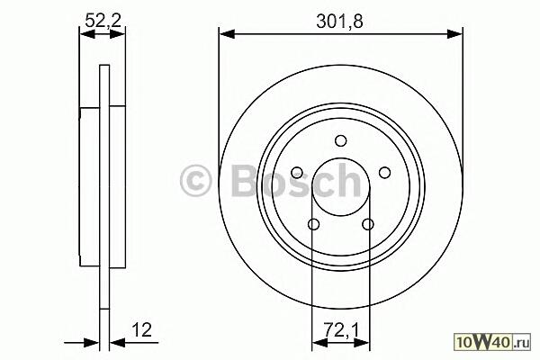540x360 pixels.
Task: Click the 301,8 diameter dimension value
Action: [x=339, y=22]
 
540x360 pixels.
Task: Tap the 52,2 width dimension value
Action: [x=103, y=22]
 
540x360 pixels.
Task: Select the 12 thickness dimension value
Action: [x=141, y=330]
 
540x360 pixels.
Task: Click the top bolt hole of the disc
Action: [x=341, y=141]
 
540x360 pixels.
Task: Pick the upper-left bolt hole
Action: [x=297, y=173]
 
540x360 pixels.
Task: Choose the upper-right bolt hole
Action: [x=384, y=173]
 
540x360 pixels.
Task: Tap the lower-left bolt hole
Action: [x=313, y=225]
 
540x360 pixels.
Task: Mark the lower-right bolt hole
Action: [x=368, y=225]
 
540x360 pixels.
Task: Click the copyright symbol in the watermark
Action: [x=195, y=181]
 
